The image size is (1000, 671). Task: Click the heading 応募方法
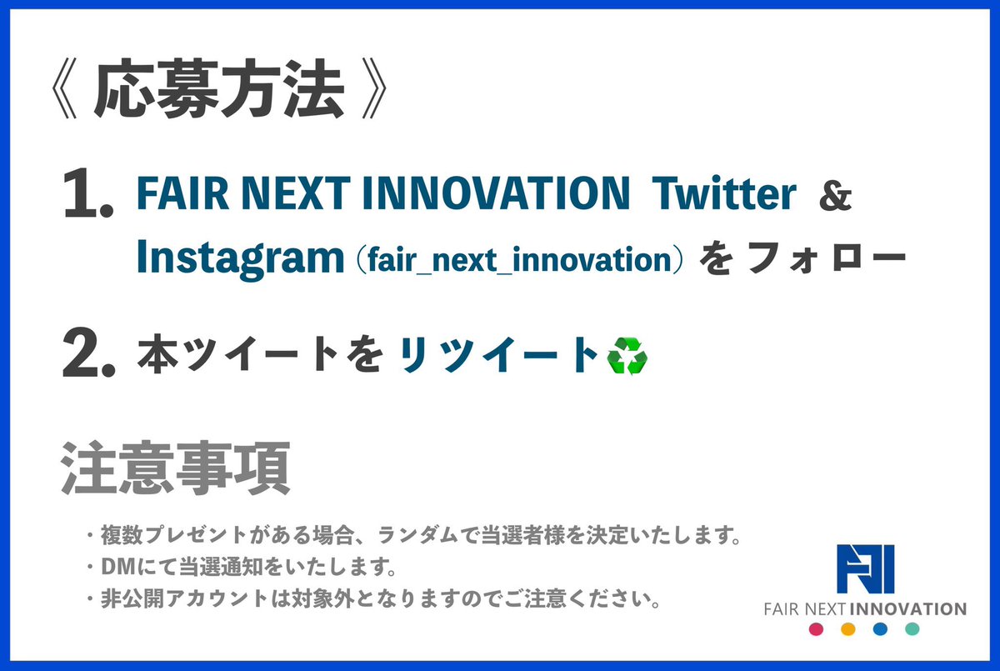(x=219, y=88)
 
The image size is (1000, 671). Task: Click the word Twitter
(x=723, y=193)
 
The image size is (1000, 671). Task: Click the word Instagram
(x=240, y=258)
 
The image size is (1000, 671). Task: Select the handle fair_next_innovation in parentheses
(x=520, y=259)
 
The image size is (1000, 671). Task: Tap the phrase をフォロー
(x=802, y=258)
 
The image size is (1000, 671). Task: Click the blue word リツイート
(x=498, y=354)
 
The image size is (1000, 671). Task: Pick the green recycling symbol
(x=627, y=356)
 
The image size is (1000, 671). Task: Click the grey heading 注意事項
(x=176, y=468)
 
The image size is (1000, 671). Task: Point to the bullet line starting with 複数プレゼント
(x=414, y=535)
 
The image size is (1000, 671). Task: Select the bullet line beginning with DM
(x=242, y=567)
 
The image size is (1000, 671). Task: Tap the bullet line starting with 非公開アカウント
(x=373, y=598)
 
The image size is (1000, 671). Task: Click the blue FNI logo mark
(x=866, y=568)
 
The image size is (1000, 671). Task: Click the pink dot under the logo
(x=816, y=629)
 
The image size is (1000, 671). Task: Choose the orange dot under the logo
(x=848, y=629)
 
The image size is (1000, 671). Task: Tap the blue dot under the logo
(x=880, y=629)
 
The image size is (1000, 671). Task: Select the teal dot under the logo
(x=912, y=629)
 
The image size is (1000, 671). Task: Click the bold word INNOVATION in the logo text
(x=909, y=609)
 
